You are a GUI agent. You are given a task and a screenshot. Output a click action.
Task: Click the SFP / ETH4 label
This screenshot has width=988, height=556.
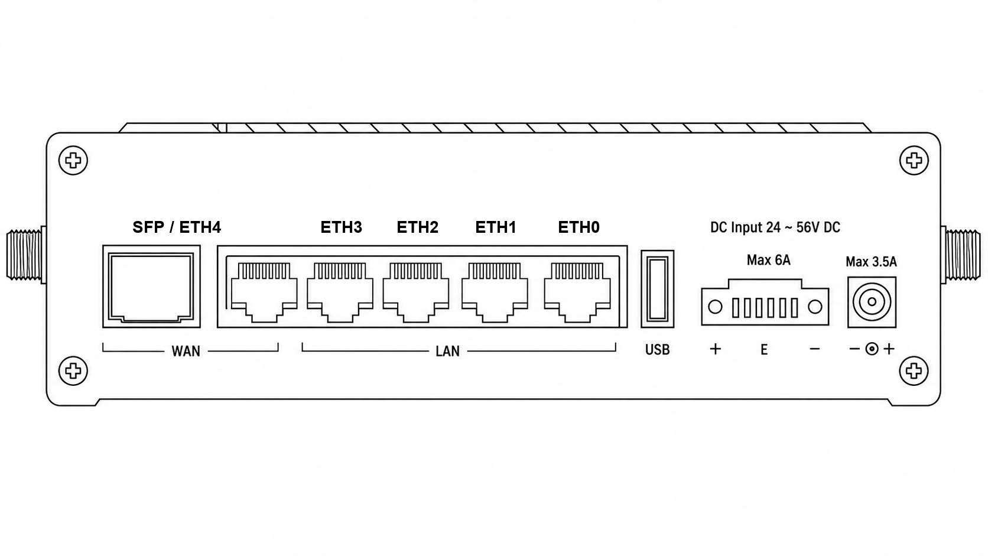coord(177,227)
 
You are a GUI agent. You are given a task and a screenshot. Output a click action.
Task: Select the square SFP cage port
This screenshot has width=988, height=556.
coord(151,287)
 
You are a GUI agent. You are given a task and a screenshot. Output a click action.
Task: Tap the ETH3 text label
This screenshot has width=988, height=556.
coord(341,227)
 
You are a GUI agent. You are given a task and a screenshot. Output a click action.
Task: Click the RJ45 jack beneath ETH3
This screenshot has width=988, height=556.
coord(340,292)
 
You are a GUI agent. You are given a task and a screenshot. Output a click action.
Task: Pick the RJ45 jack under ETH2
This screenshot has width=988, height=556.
coord(416,292)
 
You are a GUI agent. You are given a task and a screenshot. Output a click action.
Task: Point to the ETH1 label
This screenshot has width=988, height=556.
coord(495,227)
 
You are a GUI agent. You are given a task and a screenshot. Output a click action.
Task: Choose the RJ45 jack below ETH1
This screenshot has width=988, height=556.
coord(495,292)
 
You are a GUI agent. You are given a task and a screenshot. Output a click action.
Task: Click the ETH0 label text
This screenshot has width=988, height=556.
coord(578,227)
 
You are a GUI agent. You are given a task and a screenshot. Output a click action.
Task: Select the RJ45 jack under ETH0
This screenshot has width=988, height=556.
coord(577,292)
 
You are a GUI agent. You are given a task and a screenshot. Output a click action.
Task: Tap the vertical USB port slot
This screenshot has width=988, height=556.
coord(657,289)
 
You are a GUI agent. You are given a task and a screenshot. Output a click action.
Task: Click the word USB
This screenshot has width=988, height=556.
coord(657,350)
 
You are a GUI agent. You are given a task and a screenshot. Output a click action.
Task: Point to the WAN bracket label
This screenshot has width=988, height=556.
coord(186,352)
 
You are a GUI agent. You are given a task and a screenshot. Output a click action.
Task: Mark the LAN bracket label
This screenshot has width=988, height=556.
coord(448,352)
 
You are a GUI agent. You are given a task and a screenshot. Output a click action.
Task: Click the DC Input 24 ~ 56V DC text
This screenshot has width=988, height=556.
coord(775,227)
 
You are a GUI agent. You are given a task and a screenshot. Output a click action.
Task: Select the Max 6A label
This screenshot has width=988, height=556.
coord(768,260)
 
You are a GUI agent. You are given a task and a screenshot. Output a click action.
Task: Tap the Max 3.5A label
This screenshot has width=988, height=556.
coord(871,262)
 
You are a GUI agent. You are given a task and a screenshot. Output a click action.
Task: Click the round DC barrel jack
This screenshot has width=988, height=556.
coord(872,302)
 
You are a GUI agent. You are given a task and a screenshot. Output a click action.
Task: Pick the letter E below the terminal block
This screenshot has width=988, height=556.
coord(764,350)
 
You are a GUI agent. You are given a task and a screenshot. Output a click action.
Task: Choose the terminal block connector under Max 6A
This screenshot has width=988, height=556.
coord(765,302)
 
